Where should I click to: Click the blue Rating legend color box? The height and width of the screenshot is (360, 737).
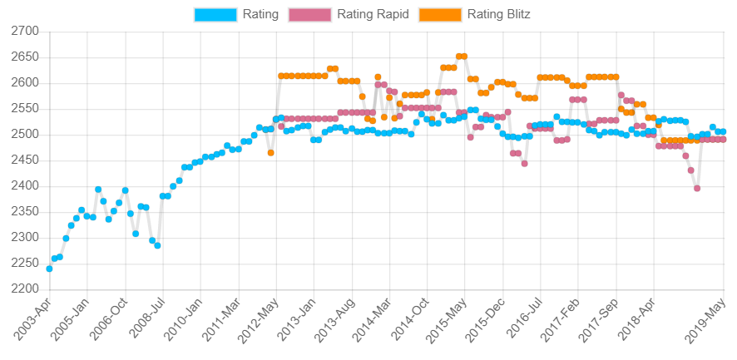[215, 14]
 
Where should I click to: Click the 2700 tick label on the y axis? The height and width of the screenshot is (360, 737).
[25, 32]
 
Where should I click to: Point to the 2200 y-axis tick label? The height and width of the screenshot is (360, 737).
[25, 289]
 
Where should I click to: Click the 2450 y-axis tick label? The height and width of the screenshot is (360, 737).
[25, 160]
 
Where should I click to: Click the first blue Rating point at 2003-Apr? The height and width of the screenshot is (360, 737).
[49, 269]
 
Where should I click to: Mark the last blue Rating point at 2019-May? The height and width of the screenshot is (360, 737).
[723, 131]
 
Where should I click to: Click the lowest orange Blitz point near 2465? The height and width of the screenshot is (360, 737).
[271, 153]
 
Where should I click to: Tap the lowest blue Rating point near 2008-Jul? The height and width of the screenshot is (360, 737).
[157, 245]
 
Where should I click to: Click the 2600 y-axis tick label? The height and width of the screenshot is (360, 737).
[25, 83]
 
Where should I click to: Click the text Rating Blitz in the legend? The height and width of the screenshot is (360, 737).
[498, 14]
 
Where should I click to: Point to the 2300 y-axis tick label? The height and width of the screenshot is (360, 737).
[25, 238]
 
